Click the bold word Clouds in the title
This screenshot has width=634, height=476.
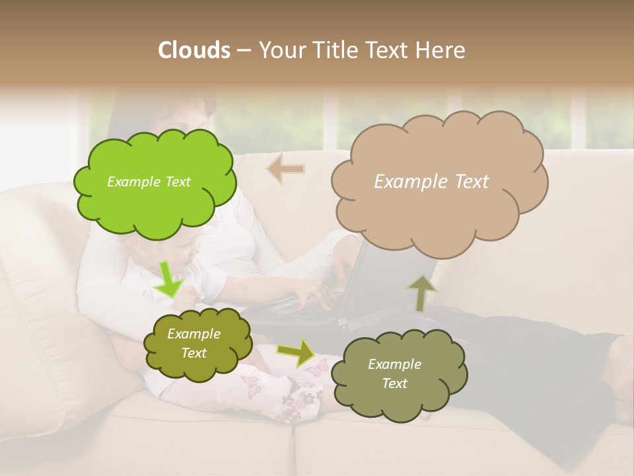pos(194,50)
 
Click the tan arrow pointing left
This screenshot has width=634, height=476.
pos(285,169)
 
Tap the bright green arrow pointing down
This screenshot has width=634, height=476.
pos(170,279)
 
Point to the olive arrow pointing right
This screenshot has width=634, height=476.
pos(297,352)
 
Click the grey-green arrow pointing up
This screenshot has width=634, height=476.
pos(421,293)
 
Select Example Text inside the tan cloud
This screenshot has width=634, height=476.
pos(431,181)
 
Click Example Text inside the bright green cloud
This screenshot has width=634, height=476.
pos(149,182)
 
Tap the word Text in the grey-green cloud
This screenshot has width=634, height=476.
pos(394,383)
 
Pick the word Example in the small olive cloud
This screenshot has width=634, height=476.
pos(194,334)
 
